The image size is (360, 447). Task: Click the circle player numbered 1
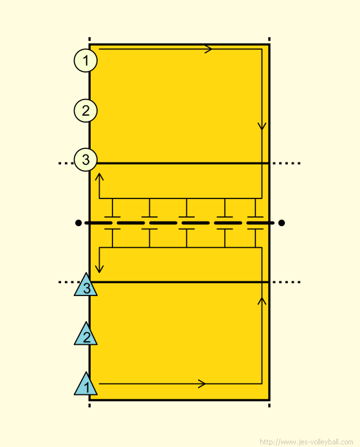click(85, 60)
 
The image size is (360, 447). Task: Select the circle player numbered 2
click(85, 110)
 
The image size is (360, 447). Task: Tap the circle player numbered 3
click(85, 160)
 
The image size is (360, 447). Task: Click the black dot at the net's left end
click(78, 223)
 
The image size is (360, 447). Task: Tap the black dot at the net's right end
click(282, 223)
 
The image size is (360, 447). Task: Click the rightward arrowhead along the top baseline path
click(209, 49)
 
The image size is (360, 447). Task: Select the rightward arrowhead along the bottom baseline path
click(202, 383)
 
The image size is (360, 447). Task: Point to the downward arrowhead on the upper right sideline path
click(262, 127)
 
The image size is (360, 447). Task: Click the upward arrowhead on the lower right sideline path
click(262, 301)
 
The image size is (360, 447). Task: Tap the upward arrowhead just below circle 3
click(99, 177)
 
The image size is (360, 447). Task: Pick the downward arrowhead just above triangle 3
click(99, 269)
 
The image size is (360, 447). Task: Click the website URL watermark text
click(307, 442)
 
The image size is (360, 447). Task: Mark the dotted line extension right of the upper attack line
click(287, 163)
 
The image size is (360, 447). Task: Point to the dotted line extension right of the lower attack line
click(287, 282)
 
